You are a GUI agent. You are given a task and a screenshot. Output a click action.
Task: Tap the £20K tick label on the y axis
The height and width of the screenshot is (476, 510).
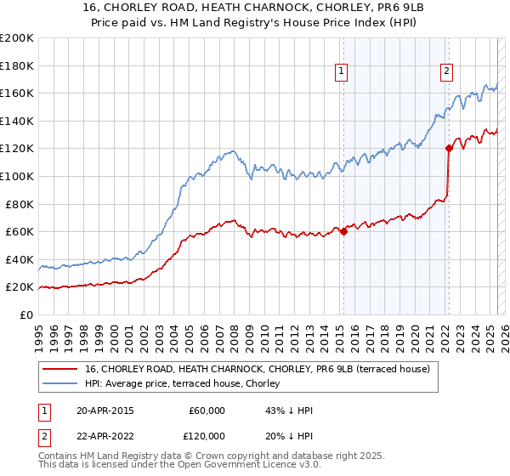click(20, 287)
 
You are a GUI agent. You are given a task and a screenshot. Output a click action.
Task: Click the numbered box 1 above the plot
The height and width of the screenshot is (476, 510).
click(342, 72)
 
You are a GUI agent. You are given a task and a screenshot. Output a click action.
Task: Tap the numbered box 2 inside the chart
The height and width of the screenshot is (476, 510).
click(446, 72)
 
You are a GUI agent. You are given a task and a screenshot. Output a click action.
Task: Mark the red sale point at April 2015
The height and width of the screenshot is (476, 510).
click(343, 231)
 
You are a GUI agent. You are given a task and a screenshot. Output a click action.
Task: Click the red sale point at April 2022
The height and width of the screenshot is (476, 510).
click(448, 148)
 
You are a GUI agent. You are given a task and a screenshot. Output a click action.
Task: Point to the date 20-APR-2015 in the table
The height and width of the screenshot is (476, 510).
click(105, 411)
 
